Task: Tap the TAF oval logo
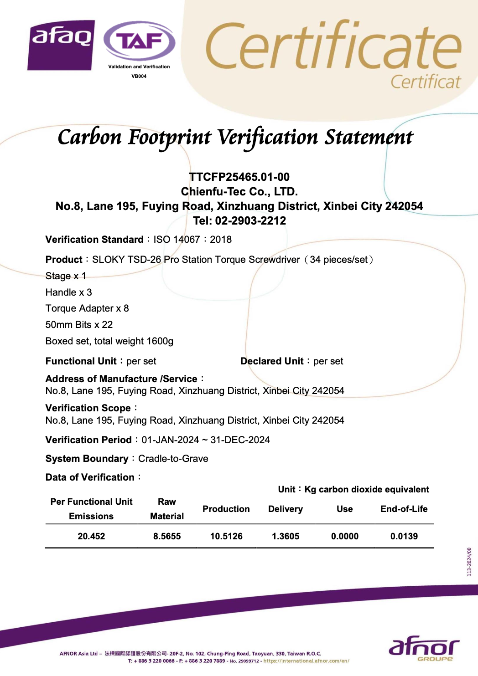139,41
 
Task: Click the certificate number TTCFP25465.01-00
239,177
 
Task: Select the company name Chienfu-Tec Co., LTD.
239,191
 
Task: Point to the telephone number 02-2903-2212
250,221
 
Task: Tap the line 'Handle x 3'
68,292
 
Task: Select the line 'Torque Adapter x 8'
87,308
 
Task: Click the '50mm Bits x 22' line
79,325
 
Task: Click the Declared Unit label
272,361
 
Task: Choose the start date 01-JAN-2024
170,440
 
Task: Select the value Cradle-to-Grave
173,459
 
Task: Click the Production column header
226,509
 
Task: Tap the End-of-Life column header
404,509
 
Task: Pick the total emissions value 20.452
91,536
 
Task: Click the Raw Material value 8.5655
167,536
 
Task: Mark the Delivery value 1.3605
286,536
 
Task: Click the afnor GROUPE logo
424,649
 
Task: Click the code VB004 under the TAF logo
139,76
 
